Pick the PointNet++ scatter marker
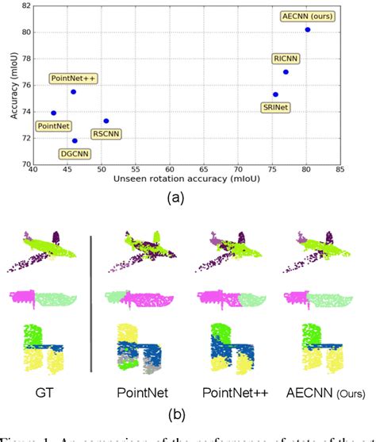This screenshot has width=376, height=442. click(x=73, y=92)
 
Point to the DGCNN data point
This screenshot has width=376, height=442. click(x=75, y=140)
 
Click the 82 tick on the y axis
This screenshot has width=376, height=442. click(x=26, y=6)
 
